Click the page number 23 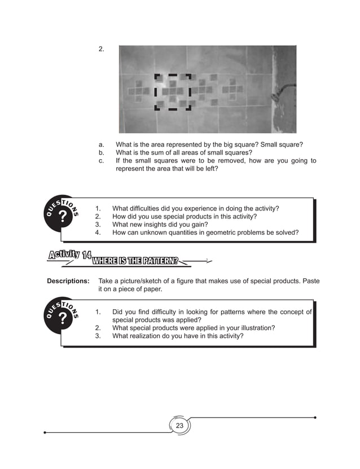179,426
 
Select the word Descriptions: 68,280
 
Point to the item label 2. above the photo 102,49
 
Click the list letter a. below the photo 102,144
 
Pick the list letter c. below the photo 102,161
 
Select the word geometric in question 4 213,232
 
